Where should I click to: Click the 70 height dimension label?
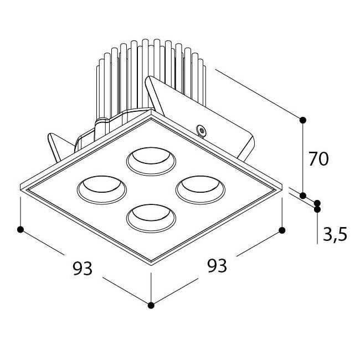(x=318, y=159)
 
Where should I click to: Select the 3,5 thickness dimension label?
(x=335, y=234)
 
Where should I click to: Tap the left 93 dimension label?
(x=83, y=268)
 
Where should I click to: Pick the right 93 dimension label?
(x=217, y=265)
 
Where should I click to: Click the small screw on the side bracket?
(x=202, y=130)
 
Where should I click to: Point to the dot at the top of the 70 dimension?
(x=303, y=120)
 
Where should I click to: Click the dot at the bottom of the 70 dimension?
(x=303, y=196)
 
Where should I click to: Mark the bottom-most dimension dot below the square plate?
(x=151, y=305)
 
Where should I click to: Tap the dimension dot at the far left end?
(x=20, y=229)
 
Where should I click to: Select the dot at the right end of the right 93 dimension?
(x=282, y=230)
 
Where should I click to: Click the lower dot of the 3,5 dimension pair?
(x=317, y=209)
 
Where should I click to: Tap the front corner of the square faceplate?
(x=151, y=265)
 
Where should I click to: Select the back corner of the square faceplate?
(x=151, y=110)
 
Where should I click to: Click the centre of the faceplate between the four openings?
(x=151, y=190)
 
